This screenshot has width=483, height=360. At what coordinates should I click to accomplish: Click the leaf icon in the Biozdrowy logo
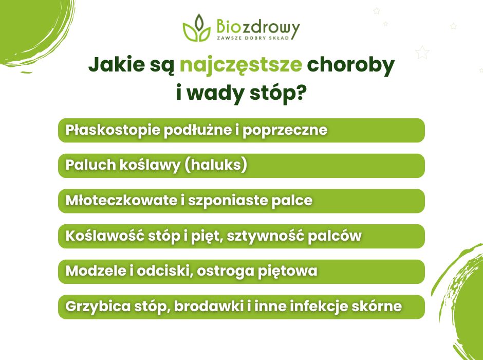coord(196,29)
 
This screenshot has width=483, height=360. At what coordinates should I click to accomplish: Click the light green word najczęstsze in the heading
coord(240,65)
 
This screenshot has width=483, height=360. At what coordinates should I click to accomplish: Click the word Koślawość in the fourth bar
coord(97,236)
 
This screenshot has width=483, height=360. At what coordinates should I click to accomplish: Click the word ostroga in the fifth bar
coord(234,271)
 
